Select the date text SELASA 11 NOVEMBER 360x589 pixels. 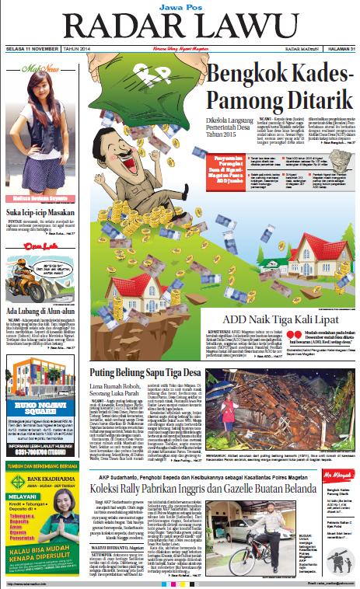point(32,51)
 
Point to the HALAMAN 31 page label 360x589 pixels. point(338,51)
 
